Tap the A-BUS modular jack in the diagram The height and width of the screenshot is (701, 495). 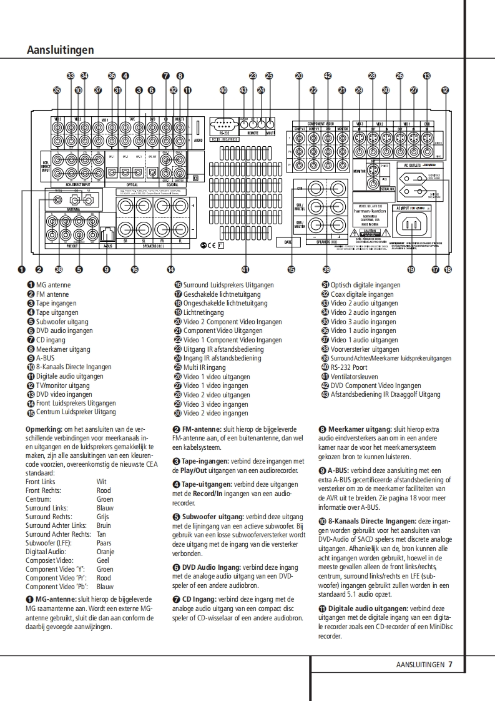coord(107,235)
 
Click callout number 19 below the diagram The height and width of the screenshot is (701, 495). coord(411,270)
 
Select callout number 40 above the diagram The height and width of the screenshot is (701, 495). coord(223,90)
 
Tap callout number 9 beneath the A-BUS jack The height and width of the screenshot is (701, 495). coord(107,270)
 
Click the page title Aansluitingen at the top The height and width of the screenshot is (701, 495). coord(61,50)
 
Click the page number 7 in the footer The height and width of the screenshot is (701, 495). coord(450,665)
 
